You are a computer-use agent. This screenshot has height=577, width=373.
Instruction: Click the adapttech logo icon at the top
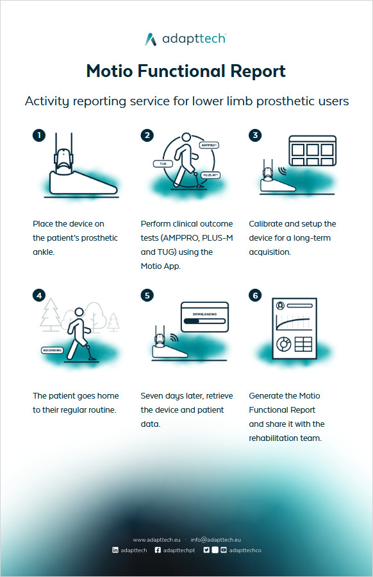(x=151, y=39)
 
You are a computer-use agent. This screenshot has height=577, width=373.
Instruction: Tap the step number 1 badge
(x=39, y=135)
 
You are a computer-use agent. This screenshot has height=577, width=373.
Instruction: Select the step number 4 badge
(x=39, y=295)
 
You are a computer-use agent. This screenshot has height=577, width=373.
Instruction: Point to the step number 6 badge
(x=255, y=295)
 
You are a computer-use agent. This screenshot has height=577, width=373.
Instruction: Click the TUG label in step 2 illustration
(x=163, y=164)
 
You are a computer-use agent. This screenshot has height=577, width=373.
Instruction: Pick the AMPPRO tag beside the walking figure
(x=209, y=145)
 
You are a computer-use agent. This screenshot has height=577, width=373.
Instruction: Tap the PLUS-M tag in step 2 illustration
(x=211, y=175)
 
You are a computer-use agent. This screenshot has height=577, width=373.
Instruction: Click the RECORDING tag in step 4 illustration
(x=52, y=350)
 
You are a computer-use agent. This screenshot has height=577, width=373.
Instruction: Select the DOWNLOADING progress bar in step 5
(x=204, y=321)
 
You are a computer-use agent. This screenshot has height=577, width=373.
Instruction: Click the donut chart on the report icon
(x=284, y=345)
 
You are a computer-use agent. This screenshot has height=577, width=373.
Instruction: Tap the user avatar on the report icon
(x=281, y=306)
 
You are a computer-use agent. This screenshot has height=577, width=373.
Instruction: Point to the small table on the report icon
(x=303, y=345)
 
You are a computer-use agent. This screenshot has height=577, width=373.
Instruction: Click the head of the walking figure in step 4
(x=79, y=312)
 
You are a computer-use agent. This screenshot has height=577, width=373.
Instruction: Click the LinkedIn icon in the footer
(x=115, y=550)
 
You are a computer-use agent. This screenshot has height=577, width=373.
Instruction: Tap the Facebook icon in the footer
(x=158, y=550)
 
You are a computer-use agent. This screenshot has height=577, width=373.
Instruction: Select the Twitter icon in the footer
(x=206, y=550)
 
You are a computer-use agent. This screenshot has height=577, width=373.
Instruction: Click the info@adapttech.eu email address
(x=216, y=540)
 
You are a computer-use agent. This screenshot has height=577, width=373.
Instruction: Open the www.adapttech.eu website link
(x=156, y=540)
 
